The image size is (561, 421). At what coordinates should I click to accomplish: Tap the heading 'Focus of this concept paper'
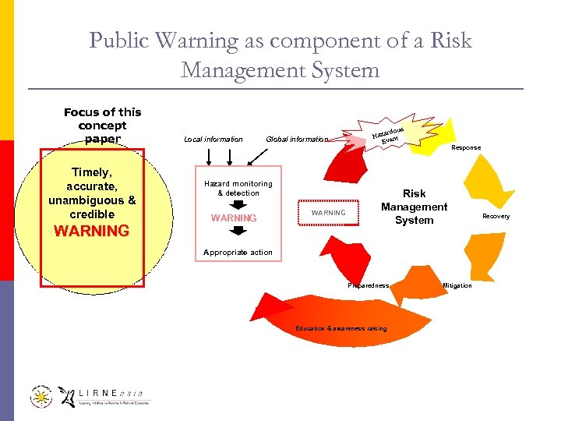point(102,126)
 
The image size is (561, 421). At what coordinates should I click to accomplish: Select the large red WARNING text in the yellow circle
point(92,231)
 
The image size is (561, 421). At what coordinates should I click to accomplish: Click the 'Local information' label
point(213,140)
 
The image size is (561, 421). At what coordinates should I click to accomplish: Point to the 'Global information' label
point(297,140)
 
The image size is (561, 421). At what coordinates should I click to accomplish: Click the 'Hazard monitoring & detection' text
point(238,188)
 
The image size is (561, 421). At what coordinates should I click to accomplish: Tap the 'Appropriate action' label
point(238,252)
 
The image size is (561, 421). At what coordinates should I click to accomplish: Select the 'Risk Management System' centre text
point(414,207)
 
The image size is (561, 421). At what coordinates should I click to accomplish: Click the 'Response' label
point(466,147)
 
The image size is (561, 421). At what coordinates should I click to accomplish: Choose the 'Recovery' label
point(496,216)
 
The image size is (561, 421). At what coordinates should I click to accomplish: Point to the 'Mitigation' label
point(457,285)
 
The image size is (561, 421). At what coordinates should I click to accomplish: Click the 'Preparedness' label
point(368,285)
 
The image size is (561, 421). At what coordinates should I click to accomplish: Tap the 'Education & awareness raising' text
point(340,328)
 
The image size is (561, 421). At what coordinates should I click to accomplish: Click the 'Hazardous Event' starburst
point(390,133)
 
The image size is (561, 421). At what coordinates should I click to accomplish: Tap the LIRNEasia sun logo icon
point(42,397)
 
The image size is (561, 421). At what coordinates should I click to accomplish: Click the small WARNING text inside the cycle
point(328,213)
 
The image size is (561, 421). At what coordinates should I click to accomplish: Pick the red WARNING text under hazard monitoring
point(234,218)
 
